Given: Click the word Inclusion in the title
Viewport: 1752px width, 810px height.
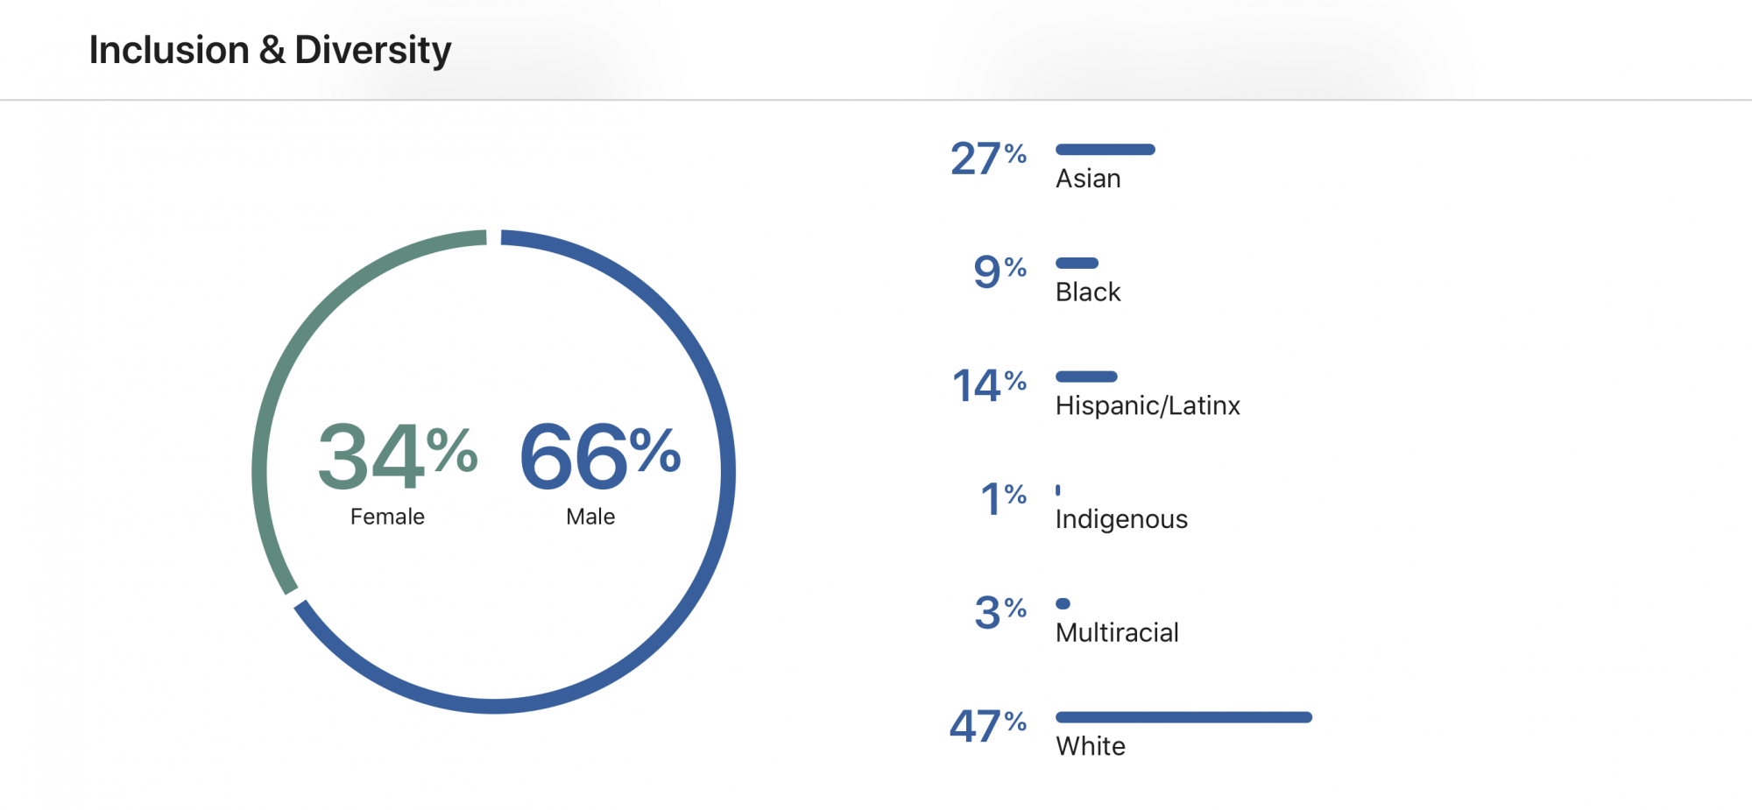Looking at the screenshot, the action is click(169, 50).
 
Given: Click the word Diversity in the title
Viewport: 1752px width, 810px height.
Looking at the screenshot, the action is click(372, 51).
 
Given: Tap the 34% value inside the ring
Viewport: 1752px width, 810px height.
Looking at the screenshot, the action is click(398, 455).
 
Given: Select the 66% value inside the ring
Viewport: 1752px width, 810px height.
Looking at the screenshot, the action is click(600, 455).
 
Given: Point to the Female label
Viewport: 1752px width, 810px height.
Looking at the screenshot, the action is click(387, 517).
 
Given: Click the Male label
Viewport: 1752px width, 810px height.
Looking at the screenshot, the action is click(590, 517).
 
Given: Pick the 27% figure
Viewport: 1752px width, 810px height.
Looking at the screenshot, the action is click(988, 158).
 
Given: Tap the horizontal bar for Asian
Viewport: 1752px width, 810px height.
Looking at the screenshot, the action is click(1106, 150).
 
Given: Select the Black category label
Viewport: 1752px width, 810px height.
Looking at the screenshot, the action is click(1088, 292).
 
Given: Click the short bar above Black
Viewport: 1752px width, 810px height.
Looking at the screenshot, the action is click(1077, 263).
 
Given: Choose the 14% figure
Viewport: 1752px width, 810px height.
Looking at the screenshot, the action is click(989, 385).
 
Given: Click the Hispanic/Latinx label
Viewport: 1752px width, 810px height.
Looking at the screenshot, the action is click(1148, 405).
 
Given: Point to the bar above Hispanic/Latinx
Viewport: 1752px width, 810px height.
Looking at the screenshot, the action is click(1086, 377).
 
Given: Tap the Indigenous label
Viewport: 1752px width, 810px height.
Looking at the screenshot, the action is click(1121, 519).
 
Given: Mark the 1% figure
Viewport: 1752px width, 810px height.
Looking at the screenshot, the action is click(1003, 499).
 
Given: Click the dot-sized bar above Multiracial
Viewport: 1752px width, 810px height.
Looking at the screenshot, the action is click(1063, 603).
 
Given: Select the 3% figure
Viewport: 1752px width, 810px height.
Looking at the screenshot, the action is click(1000, 612).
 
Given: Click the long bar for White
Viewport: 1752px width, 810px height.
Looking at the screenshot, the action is click(1183, 717).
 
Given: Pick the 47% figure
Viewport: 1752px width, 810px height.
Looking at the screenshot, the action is click(988, 726).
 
